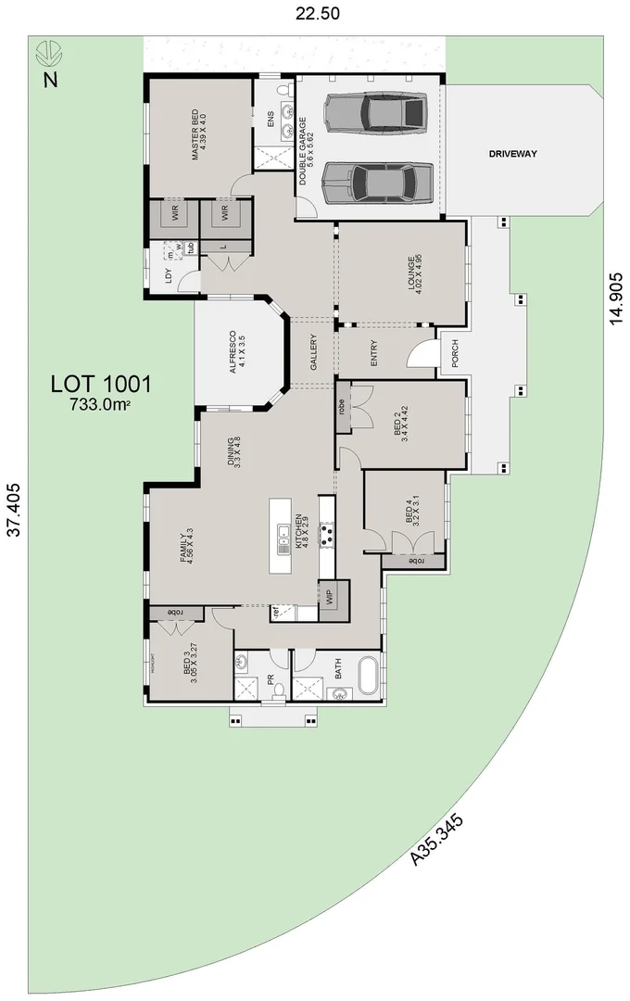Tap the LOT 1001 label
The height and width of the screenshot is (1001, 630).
101,383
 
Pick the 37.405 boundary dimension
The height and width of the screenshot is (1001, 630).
13,527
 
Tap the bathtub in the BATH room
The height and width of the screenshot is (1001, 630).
367,677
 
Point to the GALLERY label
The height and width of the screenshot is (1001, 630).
313,352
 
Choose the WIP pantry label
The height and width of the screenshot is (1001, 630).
330,594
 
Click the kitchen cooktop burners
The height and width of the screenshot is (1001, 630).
326,534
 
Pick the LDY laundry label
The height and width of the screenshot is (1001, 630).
169,275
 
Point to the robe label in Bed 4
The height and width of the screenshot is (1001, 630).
416,561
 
